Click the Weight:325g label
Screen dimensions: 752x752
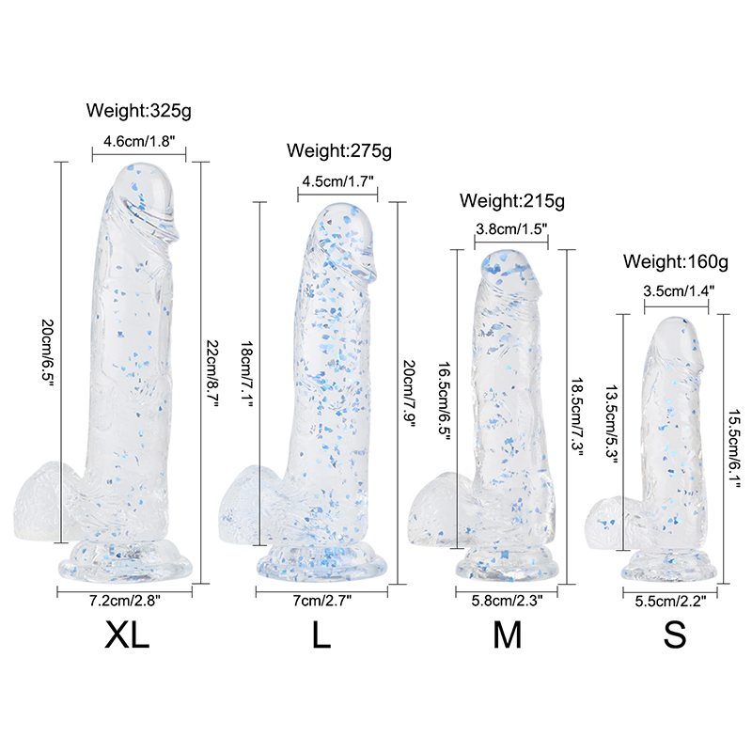[139, 110]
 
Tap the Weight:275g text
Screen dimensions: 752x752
[338, 149]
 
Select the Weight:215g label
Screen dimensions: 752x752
[511, 201]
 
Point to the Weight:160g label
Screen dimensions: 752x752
[676, 260]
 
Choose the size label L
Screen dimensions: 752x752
[321, 636]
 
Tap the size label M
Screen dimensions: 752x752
[507, 636]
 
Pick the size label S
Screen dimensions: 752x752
[674, 636]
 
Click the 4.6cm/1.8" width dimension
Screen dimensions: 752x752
[139, 142]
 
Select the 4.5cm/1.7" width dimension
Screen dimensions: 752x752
[337, 181]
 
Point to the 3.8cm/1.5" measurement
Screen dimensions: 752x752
[511, 228]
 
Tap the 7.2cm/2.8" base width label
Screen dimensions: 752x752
[126, 602]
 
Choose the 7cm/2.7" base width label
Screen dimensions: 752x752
[321, 602]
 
